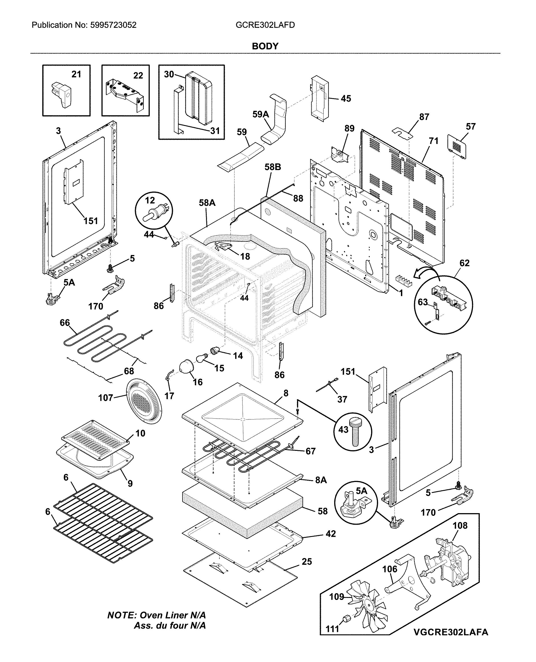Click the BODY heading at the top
coord(265,46)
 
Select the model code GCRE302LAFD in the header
coord(265,25)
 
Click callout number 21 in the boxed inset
coord(76,74)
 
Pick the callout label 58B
coord(273,167)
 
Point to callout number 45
coord(346,99)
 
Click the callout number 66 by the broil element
coord(65,323)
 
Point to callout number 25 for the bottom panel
coord(307,562)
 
